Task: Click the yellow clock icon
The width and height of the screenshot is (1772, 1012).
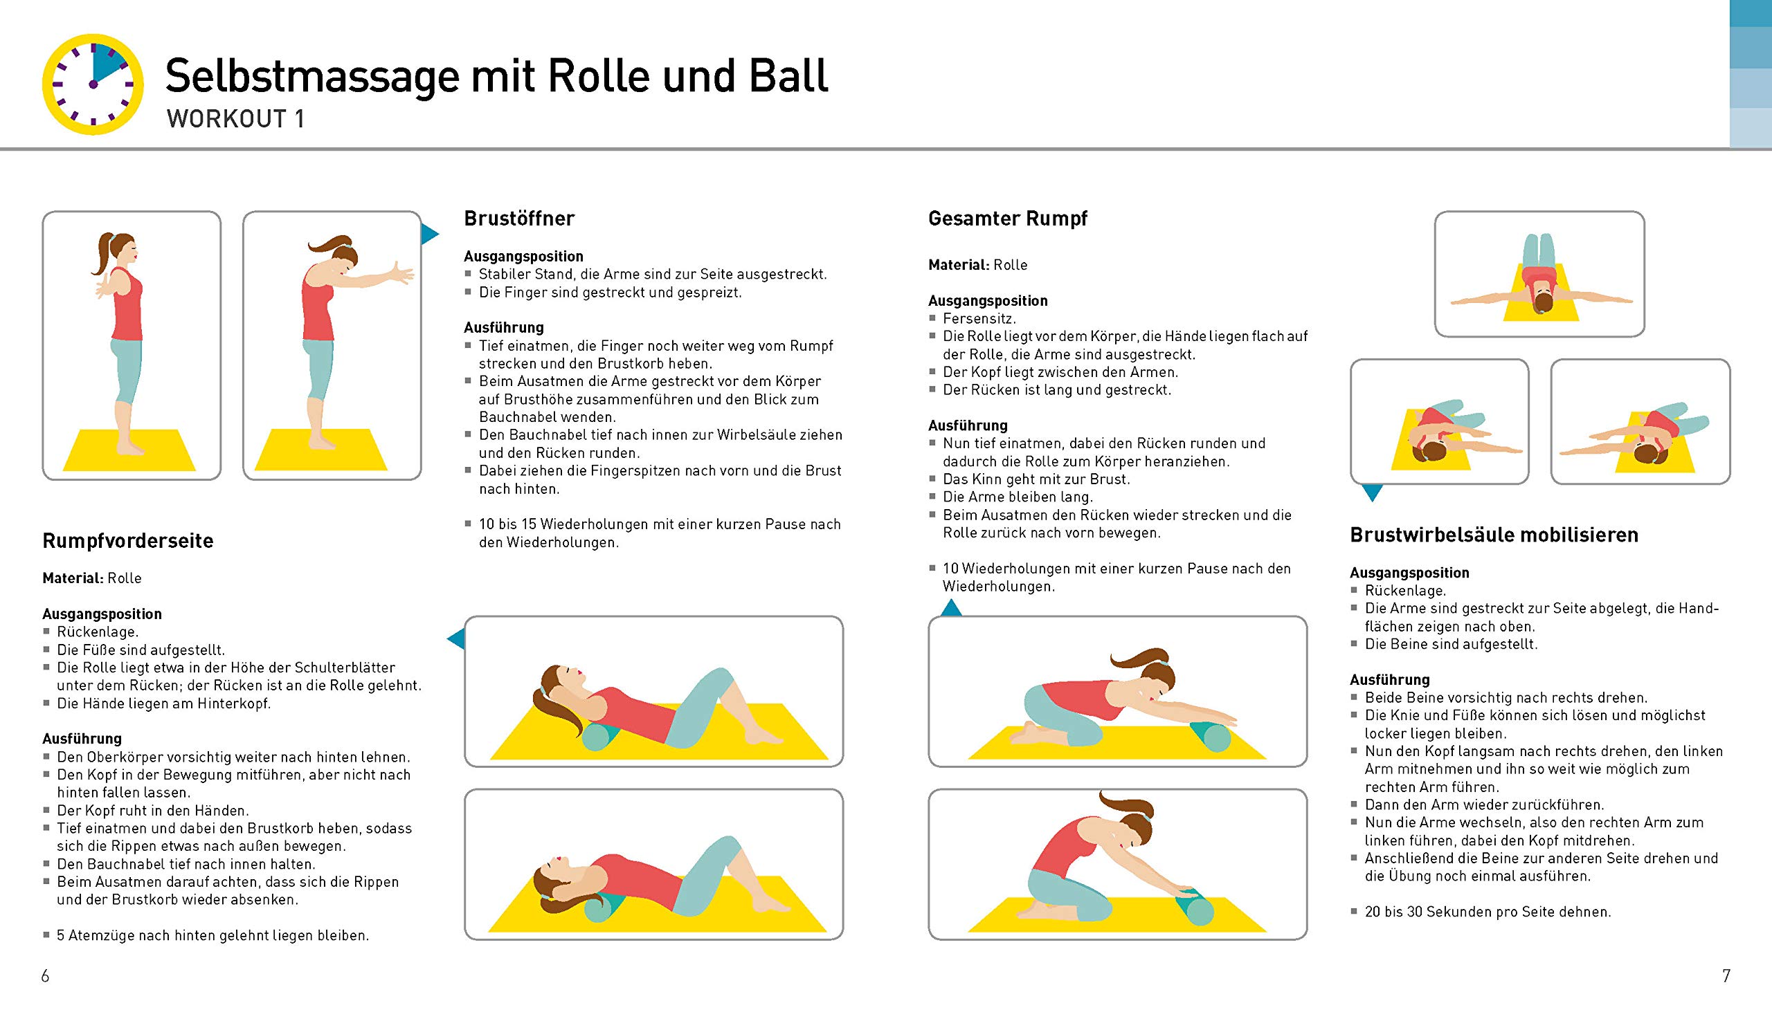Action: click(93, 84)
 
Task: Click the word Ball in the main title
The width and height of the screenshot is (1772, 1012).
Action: click(788, 76)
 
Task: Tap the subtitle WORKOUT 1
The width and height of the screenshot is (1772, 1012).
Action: click(236, 119)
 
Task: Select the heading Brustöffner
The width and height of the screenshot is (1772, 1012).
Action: click(519, 219)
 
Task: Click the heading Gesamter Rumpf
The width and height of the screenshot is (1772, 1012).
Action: click(1007, 219)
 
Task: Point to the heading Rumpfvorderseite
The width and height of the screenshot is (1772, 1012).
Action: click(127, 541)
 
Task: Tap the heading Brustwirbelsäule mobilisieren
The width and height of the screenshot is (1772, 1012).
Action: click(1494, 535)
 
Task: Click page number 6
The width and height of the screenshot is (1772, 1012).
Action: click(45, 976)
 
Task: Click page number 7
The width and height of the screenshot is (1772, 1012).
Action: click(1726, 976)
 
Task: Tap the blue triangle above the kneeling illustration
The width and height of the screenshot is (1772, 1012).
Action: click(950, 609)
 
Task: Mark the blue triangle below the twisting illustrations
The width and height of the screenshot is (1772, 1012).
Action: click(1371, 492)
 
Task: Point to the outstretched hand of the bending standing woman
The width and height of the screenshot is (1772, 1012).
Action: click(401, 273)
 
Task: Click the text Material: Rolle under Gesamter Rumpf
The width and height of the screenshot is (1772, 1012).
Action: click(977, 265)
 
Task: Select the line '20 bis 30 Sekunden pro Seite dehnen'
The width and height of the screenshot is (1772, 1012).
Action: click(1487, 911)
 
